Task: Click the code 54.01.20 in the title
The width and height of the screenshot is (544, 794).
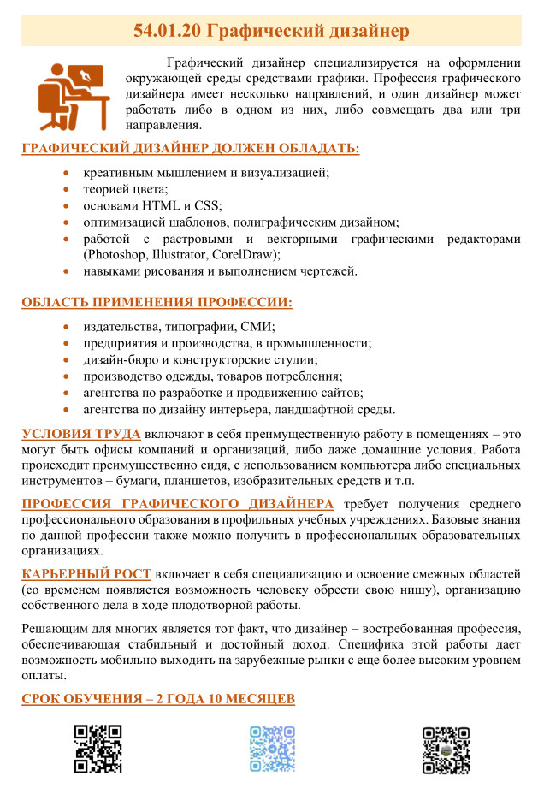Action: click(168, 32)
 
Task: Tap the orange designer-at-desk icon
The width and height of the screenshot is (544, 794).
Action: click(73, 96)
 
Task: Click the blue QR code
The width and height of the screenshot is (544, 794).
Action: click(272, 750)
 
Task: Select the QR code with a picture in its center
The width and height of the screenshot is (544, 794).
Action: click(446, 750)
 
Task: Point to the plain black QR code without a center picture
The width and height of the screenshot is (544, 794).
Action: click(98, 750)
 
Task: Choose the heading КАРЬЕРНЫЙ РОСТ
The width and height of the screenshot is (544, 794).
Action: click(86, 572)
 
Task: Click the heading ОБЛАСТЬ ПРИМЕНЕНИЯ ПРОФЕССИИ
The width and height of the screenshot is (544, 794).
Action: click(157, 303)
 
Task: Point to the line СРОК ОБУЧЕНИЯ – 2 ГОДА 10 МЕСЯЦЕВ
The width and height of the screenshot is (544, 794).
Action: click(158, 699)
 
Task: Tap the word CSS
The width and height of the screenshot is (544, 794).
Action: click(207, 205)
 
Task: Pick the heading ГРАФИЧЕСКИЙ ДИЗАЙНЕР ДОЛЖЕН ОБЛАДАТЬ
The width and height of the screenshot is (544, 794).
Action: click(190, 149)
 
